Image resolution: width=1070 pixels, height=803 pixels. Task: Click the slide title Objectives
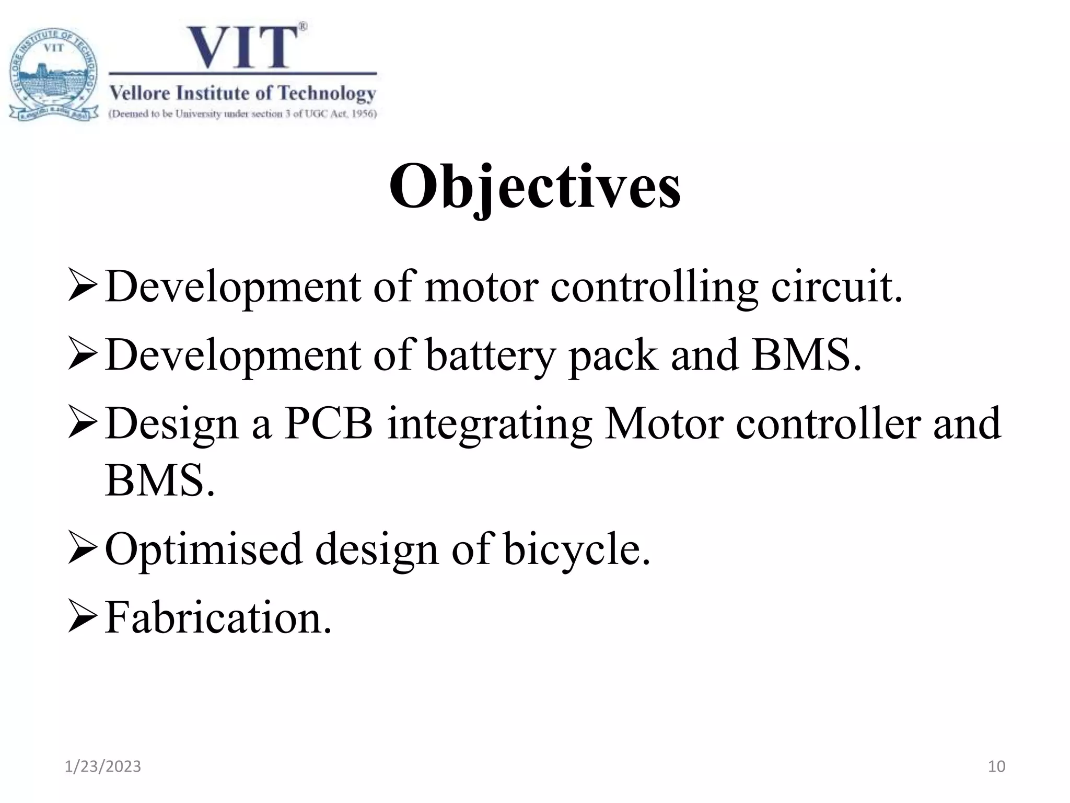coord(534,187)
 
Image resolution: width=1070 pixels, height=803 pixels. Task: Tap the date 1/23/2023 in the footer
coord(102,766)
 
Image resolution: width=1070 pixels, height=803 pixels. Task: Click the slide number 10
coord(996,766)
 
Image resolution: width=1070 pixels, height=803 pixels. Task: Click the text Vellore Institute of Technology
coord(243,94)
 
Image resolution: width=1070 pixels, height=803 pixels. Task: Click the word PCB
coord(329,423)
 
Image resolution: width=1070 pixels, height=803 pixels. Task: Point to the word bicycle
coord(577,549)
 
